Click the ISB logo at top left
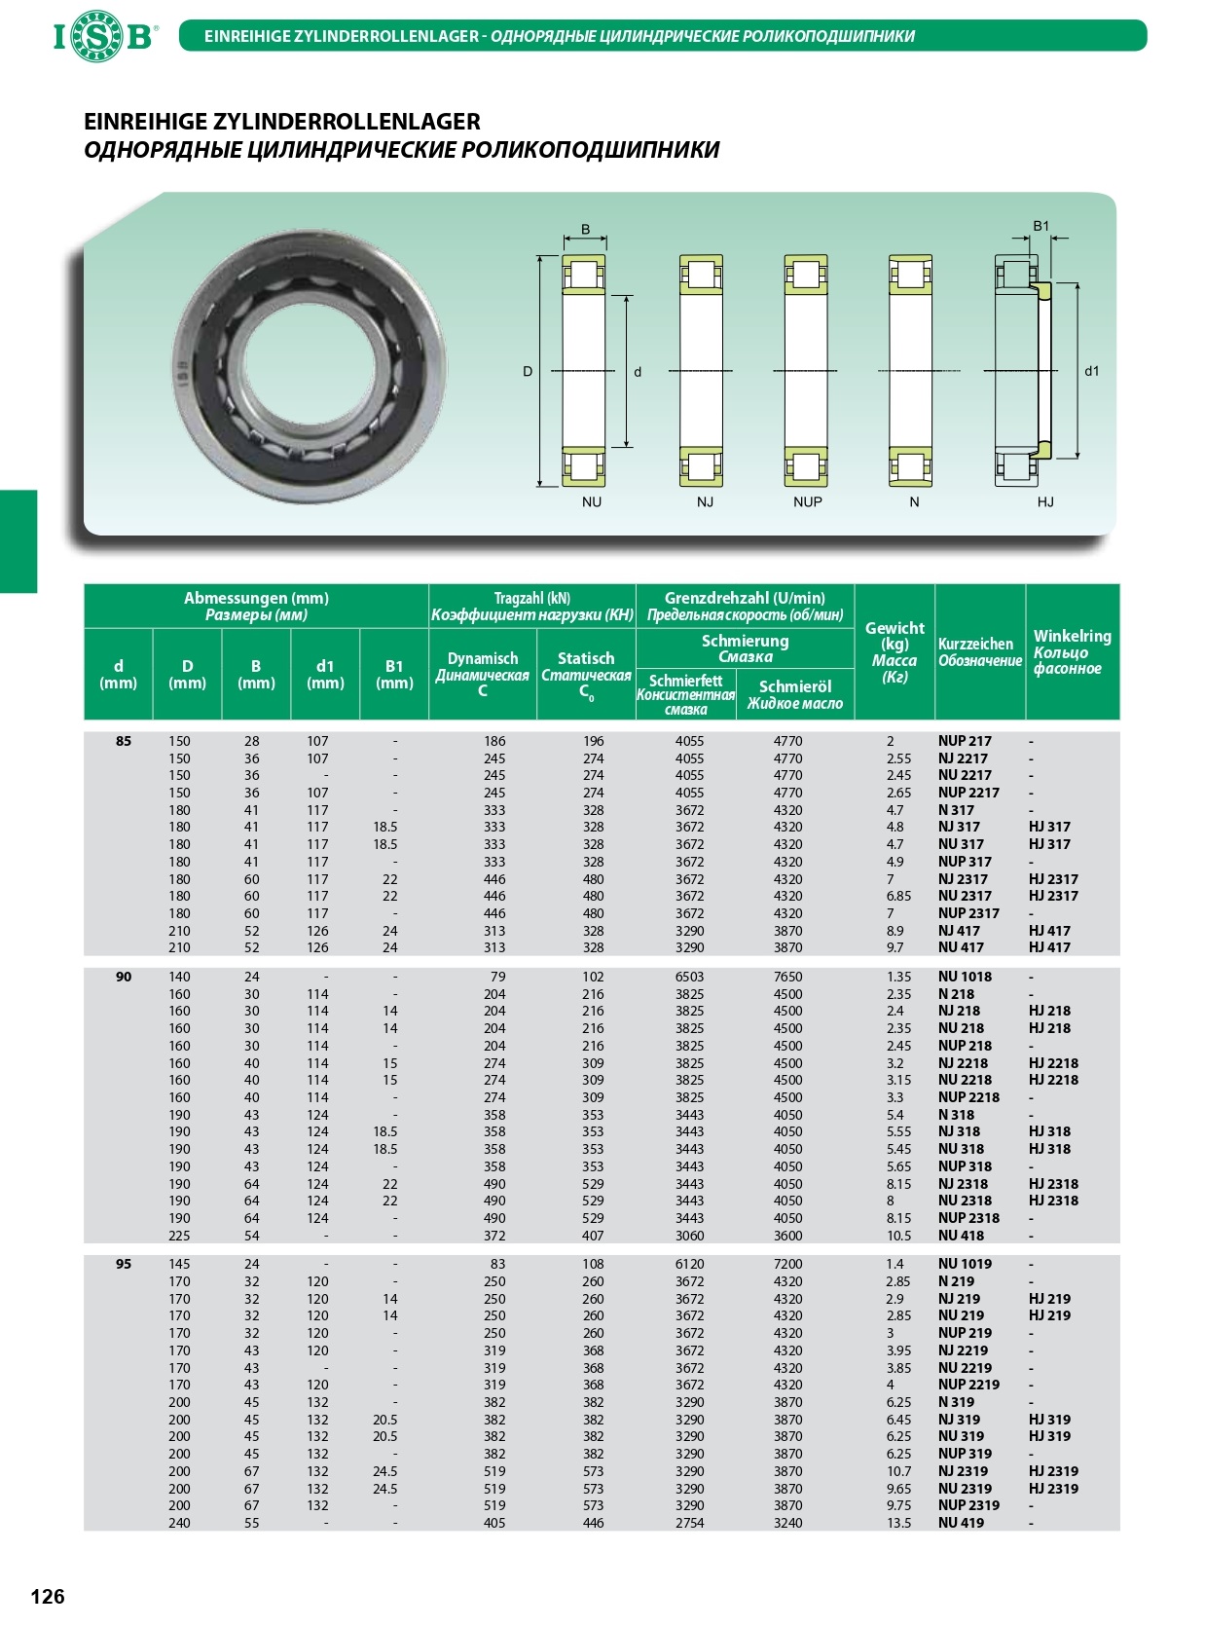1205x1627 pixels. coord(103,37)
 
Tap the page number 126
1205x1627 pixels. coord(48,1595)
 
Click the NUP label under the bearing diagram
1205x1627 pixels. coord(807,502)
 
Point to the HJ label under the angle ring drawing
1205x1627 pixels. coord(1045,502)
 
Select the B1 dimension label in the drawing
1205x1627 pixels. coord(1041,226)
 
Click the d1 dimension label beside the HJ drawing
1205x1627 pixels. coord(1092,371)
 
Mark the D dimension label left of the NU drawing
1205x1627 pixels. coord(528,371)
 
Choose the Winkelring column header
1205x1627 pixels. coord(1072,651)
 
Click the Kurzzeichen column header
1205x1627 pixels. coord(979,651)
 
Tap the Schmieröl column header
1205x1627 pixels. coord(794,694)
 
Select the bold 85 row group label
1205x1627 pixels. coord(124,741)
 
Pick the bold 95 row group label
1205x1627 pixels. coord(124,1264)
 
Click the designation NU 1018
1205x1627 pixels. coord(965,977)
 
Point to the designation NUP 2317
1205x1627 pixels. coord(968,913)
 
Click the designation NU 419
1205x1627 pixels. coord(961,1523)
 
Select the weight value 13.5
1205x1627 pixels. coord(898,1523)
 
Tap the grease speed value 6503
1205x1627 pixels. coord(689,977)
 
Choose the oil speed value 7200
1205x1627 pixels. coord(787,1264)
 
